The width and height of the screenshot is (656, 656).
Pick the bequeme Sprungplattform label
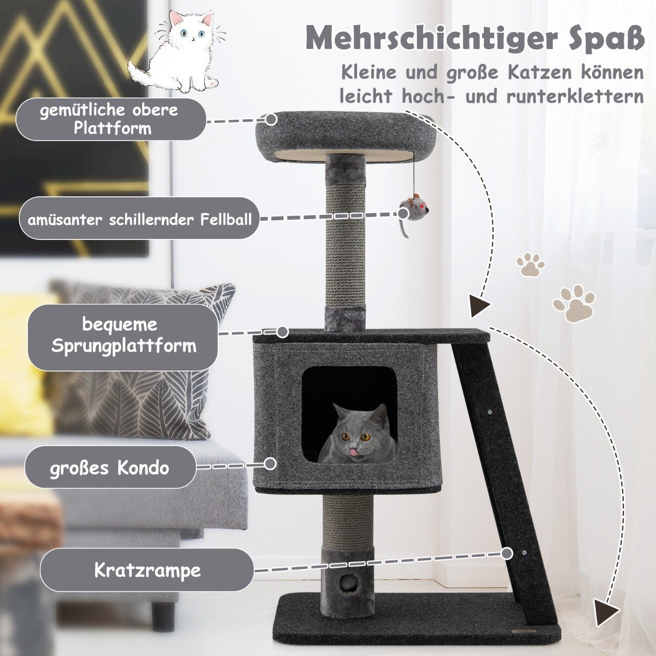coord(123,336)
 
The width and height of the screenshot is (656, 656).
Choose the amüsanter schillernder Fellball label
coord(139,219)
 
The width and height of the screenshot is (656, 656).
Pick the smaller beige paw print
coord(530,264)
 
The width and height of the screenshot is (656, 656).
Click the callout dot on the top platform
coord(271,120)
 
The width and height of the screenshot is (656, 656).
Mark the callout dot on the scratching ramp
coord(507,554)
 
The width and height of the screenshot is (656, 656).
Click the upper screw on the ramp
coord(489,412)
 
